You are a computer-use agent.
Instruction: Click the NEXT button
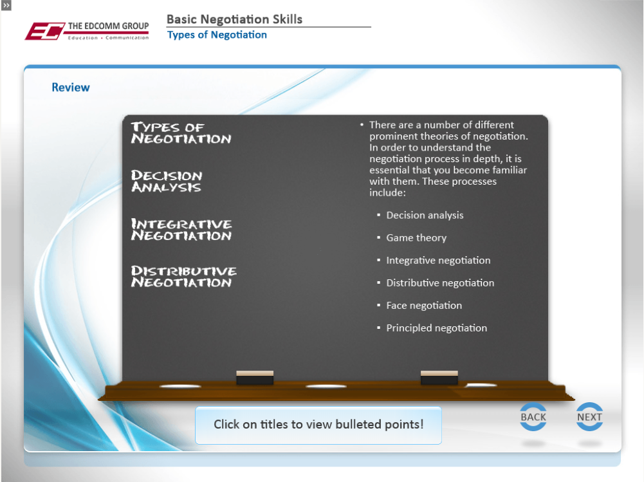point(589,416)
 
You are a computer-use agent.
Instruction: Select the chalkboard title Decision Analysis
point(167,181)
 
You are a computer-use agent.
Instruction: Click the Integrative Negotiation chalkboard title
point(181,229)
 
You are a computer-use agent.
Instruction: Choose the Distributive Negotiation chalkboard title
point(183,276)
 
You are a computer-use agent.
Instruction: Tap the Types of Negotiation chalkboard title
point(181,133)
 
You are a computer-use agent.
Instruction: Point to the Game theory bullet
point(416,238)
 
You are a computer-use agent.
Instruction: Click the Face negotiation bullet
point(424,305)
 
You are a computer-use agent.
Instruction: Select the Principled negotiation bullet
point(437,328)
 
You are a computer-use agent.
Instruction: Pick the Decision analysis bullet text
point(425,216)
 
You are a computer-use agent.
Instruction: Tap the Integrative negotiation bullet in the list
point(438,261)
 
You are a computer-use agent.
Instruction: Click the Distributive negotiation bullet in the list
point(440,283)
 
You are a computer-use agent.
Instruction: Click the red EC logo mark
point(44,32)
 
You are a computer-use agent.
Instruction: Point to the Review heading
point(71,88)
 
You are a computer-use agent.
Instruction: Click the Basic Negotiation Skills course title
point(235,19)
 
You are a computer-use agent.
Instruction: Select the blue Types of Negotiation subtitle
point(217,35)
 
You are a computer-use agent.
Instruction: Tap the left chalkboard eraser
point(255,378)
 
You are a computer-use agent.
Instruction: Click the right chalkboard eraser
point(439,378)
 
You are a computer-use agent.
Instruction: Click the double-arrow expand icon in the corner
point(6,5)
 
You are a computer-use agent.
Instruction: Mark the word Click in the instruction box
point(226,424)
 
